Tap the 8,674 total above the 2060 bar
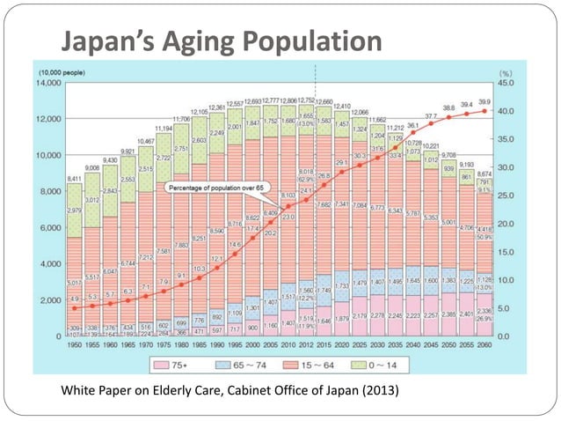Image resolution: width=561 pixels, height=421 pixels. point(484,174)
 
